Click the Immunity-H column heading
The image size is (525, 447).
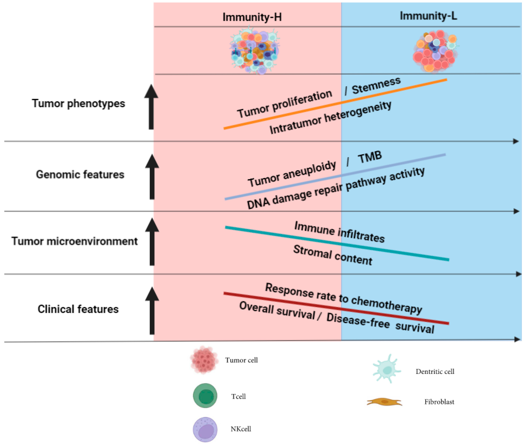pos(252,17)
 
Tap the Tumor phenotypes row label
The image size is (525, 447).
pos(78,103)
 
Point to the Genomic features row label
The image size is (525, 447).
pos(80,174)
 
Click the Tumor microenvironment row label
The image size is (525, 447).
pos(74,241)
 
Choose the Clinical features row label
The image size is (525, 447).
pos(78,309)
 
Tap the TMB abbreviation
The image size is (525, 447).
pos(370,157)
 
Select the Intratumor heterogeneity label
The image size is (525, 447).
pos(330,118)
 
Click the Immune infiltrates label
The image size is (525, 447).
pos(340,232)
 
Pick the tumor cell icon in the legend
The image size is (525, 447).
pos(204,360)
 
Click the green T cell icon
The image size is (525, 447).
pos(205,396)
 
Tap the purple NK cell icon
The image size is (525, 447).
pos(205,429)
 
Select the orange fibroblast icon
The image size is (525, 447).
pos(384,402)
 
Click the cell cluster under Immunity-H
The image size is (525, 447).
pos(255,50)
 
